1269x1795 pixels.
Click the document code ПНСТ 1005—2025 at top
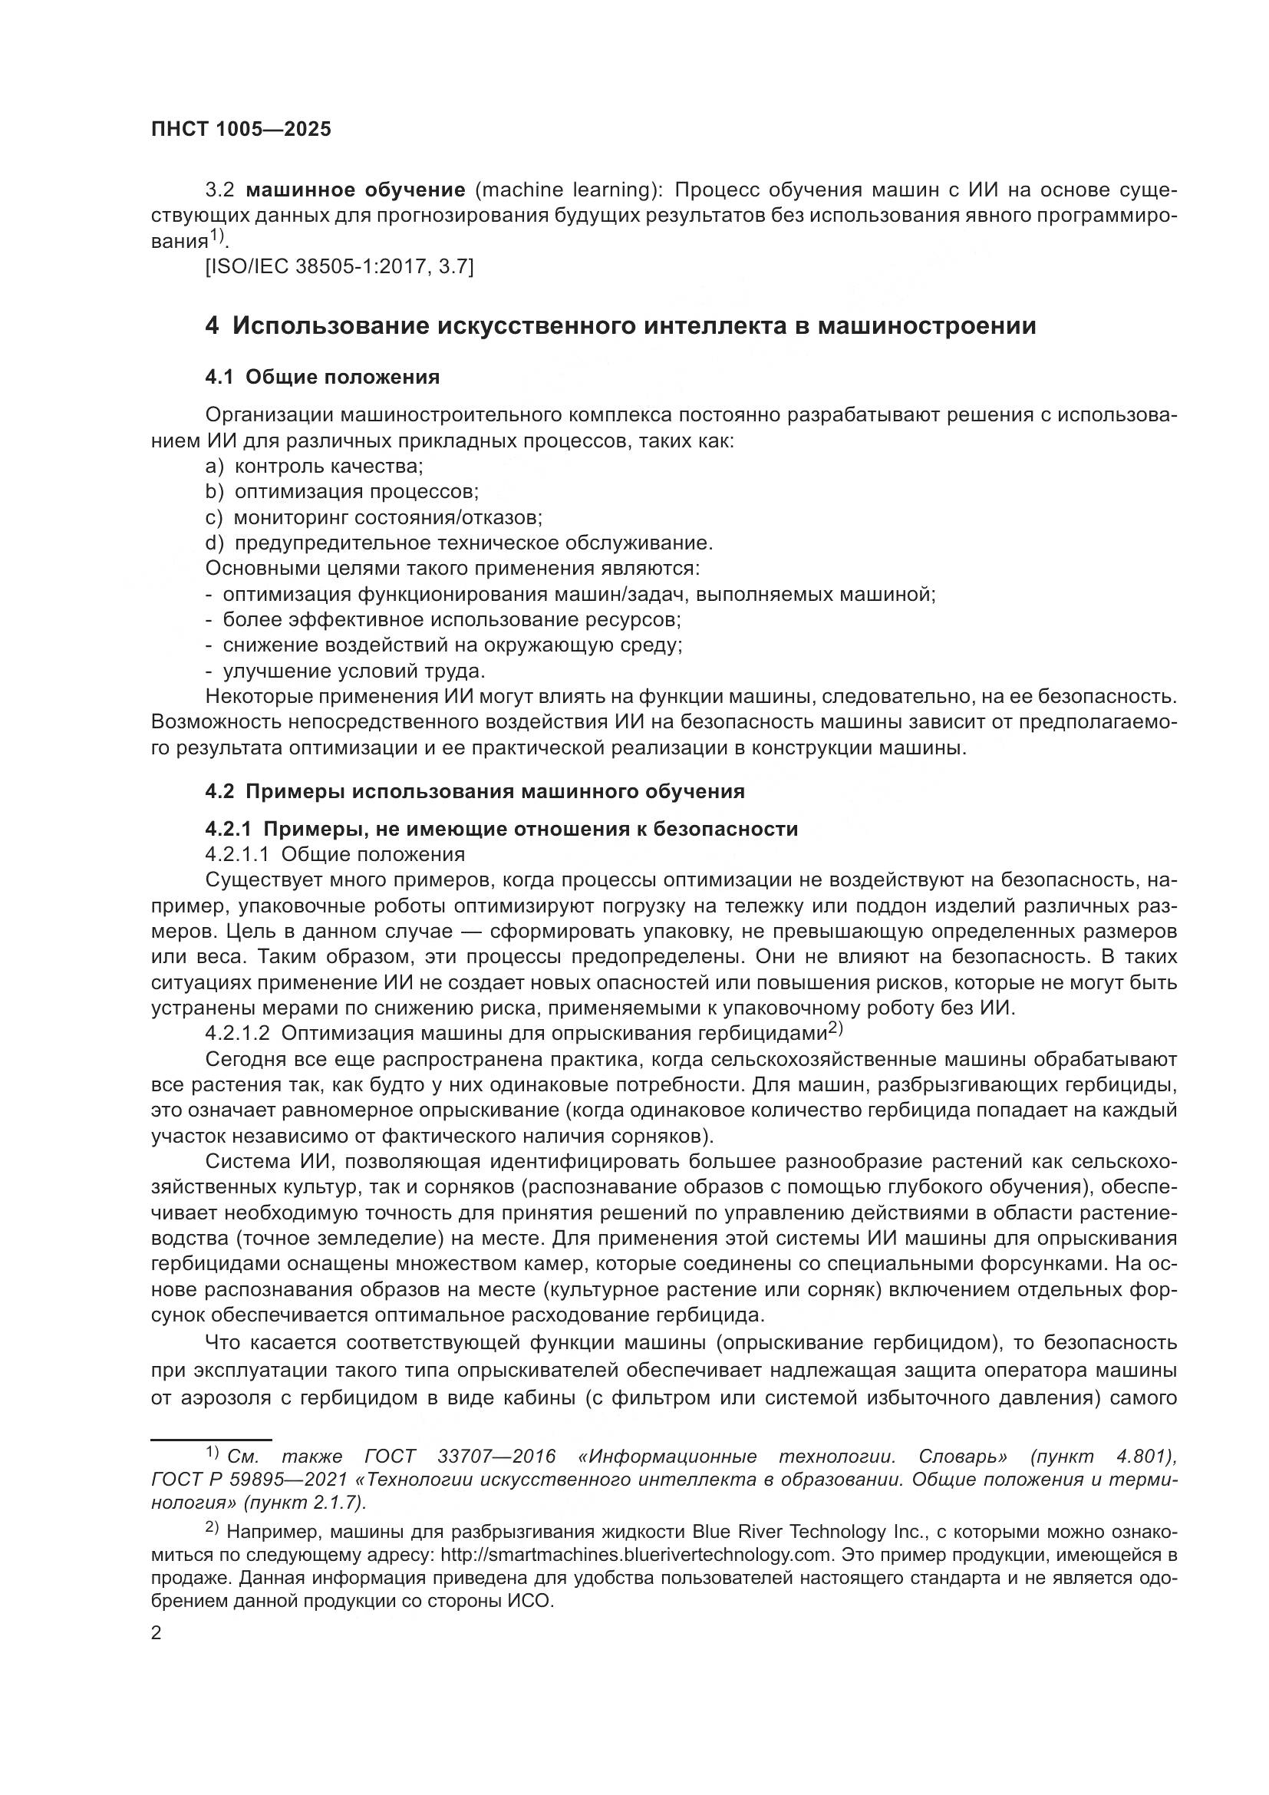pyautogui.click(x=241, y=129)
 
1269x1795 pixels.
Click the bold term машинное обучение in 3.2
pyautogui.click(x=355, y=190)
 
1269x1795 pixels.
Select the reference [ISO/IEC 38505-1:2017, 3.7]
pyautogui.click(x=339, y=266)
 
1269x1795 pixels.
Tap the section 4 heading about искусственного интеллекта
pyautogui.click(x=621, y=325)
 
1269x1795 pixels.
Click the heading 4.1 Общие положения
pyautogui.click(x=322, y=377)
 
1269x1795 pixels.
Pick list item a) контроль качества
pyautogui.click(x=314, y=466)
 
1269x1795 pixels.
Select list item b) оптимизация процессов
pyautogui.click(x=341, y=492)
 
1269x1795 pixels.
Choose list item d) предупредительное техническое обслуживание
pyautogui.click(x=459, y=543)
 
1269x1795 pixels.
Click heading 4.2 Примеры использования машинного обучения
pyautogui.click(x=474, y=791)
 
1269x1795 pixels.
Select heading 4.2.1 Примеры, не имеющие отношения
pyautogui.click(x=501, y=829)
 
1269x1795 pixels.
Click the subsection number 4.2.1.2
pyautogui.click(x=238, y=1034)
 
